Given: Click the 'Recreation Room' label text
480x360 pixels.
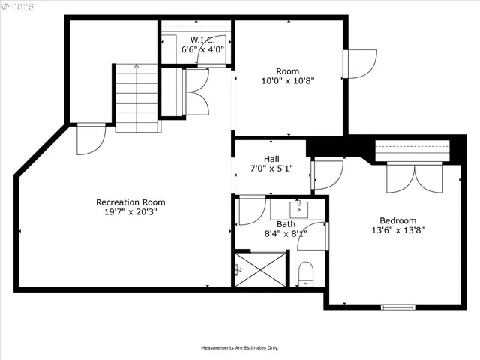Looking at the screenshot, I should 130,202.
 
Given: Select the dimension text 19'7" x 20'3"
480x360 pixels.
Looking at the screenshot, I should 130,212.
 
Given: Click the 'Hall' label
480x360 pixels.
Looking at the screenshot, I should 271,158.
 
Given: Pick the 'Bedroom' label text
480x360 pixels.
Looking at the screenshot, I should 397,220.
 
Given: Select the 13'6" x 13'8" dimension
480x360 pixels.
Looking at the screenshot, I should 397,230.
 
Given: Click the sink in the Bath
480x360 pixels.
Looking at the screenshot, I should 298,206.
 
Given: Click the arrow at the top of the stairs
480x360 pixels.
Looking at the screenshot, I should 136,67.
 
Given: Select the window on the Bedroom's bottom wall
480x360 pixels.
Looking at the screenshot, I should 397,306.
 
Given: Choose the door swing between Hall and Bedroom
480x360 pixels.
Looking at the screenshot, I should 327,175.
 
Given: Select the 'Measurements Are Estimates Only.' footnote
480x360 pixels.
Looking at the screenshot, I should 239,347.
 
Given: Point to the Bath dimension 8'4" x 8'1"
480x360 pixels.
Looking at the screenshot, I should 286,233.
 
